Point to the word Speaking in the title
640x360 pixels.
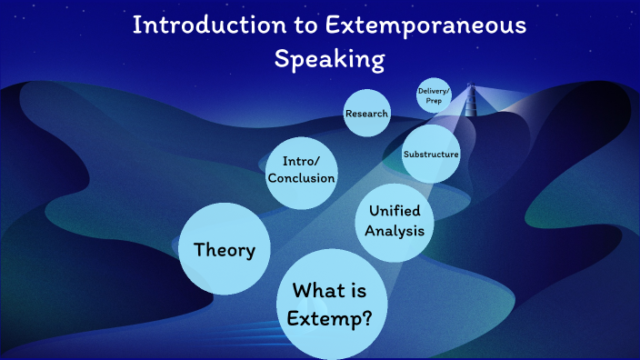[x=330, y=59]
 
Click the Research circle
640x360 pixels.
[x=367, y=114]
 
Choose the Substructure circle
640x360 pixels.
[x=431, y=155]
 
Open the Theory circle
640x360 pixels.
[x=225, y=250]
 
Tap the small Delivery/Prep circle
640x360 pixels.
[x=434, y=95]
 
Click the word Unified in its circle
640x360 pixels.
[x=394, y=213]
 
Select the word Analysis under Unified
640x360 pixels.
[x=394, y=231]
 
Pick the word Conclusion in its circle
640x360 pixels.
[x=301, y=178]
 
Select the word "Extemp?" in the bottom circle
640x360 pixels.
[x=330, y=319]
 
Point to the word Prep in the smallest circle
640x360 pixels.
[x=434, y=101]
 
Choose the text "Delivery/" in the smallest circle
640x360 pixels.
[x=434, y=91]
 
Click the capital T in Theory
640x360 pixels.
[x=200, y=249]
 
